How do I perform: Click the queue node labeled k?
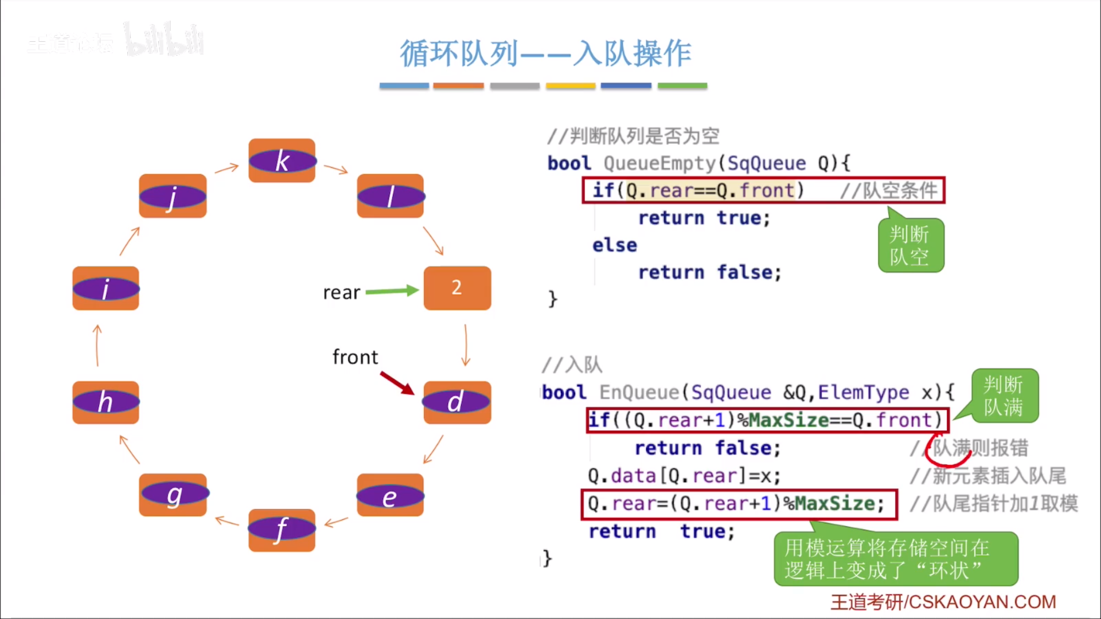click(282, 160)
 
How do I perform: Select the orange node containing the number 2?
click(457, 288)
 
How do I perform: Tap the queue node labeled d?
click(457, 402)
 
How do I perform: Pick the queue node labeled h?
click(106, 402)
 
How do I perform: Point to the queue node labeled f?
click(282, 530)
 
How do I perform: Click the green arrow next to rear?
click(392, 291)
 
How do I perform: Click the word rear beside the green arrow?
click(341, 293)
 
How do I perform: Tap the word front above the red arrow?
click(355, 357)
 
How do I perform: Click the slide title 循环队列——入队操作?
click(545, 54)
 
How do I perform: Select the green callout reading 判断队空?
click(911, 245)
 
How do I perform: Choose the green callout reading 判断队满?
click(1004, 396)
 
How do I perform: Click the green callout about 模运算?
click(895, 559)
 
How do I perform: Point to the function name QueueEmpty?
click(659, 163)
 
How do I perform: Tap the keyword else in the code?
click(614, 245)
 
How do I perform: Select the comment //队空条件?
click(888, 190)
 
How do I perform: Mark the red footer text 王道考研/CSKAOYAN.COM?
click(943, 602)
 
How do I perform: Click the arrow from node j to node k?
click(227, 168)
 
